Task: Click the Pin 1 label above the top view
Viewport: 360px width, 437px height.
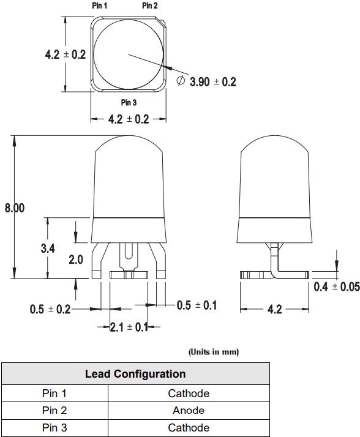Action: coord(99,6)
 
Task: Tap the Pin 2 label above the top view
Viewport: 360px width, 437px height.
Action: coord(150,6)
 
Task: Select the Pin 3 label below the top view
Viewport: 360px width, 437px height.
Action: coord(129,102)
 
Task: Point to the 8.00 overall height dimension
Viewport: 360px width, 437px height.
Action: coord(14,208)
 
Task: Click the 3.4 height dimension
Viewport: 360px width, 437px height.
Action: coord(48,248)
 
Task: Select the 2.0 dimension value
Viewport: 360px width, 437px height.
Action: coord(76,260)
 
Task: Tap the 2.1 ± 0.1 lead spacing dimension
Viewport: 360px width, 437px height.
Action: coord(129,327)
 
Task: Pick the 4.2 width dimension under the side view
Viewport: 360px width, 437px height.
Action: coord(275,310)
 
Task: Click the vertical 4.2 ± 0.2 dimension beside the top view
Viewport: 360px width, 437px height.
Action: coord(65,54)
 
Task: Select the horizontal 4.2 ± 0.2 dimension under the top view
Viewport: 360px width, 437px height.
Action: coord(129,119)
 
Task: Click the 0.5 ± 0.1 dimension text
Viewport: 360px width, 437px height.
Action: coord(197,305)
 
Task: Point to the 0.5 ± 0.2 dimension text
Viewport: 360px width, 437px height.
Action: coord(50,310)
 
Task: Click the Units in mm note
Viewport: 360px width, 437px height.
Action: coord(213,352)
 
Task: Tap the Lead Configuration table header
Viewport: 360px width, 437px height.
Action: coord(135,373)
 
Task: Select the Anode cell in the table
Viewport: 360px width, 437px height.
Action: coord(189,410)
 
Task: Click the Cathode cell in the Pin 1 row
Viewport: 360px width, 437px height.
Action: coord(189,393)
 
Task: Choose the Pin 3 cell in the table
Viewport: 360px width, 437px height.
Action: coord(54,427)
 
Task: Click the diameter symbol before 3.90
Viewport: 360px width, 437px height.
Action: coord(181,81)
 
